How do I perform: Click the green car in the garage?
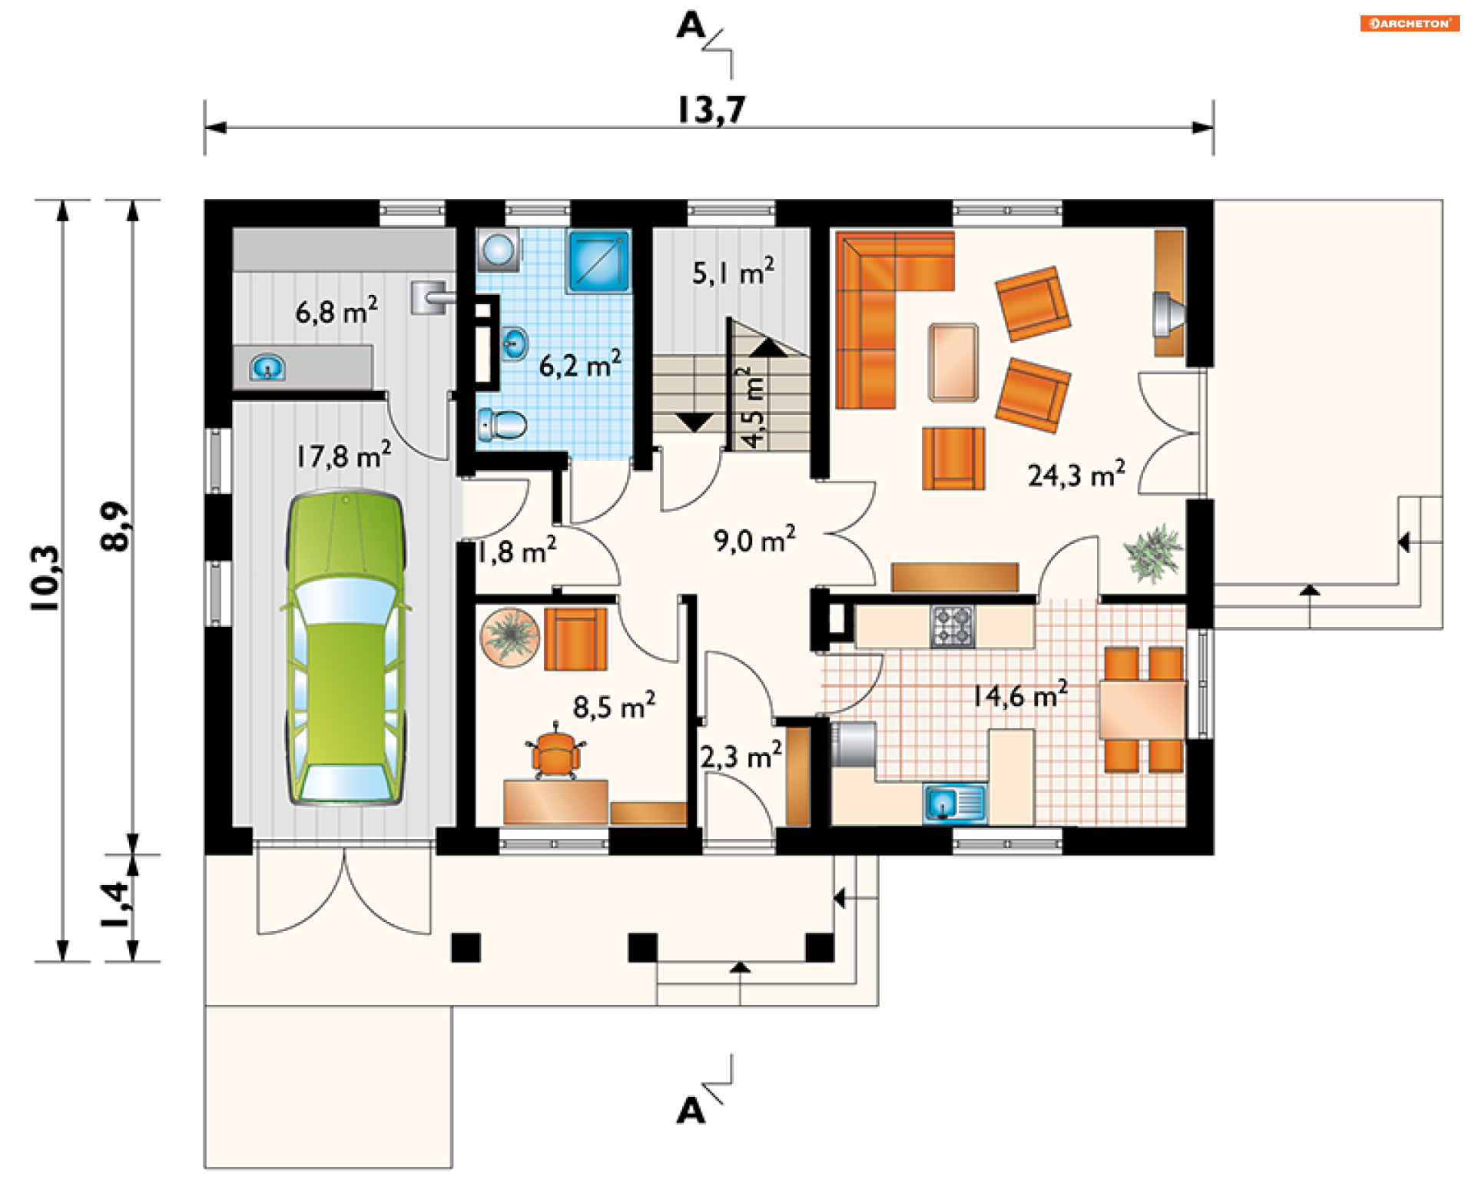346,648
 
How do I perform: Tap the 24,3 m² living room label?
1076,474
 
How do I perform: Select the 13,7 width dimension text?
711,109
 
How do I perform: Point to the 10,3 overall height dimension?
45,578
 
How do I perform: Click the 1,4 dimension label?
115,904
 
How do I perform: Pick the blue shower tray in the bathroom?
599,260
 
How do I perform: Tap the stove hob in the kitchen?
953,626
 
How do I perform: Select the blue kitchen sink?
955,804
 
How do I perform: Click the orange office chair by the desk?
555,753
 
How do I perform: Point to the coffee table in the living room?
953,362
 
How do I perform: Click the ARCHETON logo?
1409,23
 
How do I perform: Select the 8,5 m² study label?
614,705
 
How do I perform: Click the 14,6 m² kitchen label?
1020,694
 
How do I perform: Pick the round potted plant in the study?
510,637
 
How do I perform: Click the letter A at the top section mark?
691,26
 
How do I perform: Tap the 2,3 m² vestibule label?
741,756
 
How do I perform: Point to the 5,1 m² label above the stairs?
733,272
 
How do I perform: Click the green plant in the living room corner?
1152,552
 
